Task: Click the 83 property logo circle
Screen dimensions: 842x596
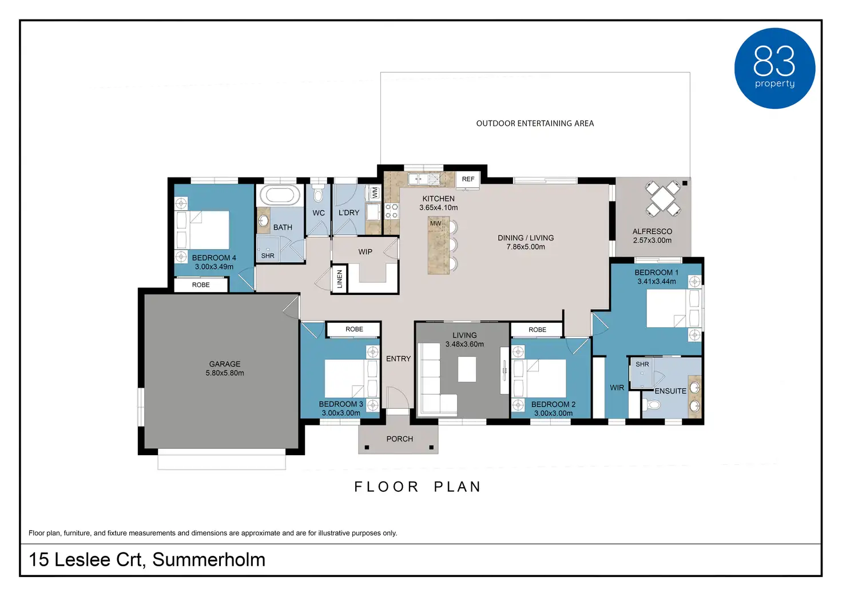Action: click(775, 69)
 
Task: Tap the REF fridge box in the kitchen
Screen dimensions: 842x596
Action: click(467, 179)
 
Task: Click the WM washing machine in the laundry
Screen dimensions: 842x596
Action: click(375, 192)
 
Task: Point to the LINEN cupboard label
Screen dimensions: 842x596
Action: click(339, 279)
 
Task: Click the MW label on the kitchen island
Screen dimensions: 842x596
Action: click(435, 223)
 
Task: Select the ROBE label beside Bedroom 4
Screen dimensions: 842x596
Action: click(201, 285)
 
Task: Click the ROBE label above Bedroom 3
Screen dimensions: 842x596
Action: click(354, 329)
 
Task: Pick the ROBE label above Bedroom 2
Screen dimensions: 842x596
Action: click(537, 330)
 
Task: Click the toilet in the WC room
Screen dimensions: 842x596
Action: click(318, 192)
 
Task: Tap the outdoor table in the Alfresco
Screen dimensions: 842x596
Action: click(663, 199)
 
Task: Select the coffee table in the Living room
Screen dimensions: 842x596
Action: click(467, 369)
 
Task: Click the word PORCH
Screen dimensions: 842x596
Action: click(400, 439)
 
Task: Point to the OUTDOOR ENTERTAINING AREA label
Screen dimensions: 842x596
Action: click(535, 124)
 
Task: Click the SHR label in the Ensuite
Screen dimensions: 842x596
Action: click(642, 364)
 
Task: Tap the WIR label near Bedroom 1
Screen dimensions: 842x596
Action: click(617, 388)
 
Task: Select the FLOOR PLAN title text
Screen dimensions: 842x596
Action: click(417, 487)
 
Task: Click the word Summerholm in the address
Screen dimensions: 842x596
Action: click(209, 559)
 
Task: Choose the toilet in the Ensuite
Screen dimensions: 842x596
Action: click(652, 405)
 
